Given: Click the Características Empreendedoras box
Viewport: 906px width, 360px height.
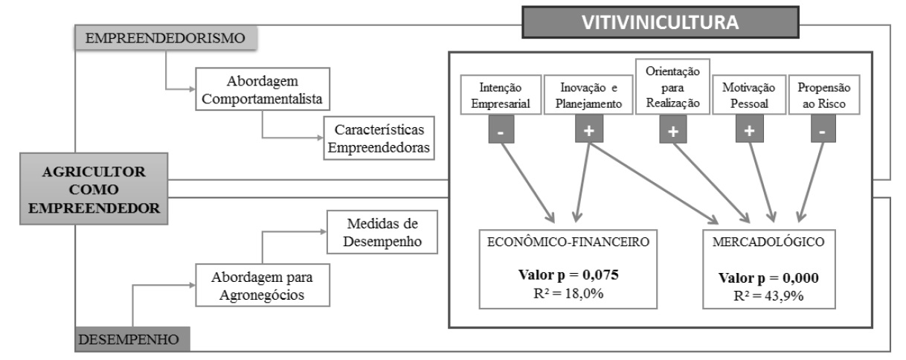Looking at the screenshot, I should (379, 138).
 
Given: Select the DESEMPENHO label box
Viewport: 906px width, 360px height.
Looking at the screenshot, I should (131, 340).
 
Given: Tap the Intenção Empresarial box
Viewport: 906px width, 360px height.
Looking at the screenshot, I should (500, 97).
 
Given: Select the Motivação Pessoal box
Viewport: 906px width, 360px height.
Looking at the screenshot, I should (749, 97).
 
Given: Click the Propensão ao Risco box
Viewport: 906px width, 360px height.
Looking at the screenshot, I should (823, 97).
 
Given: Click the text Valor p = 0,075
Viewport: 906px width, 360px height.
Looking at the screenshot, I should (569, 274).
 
